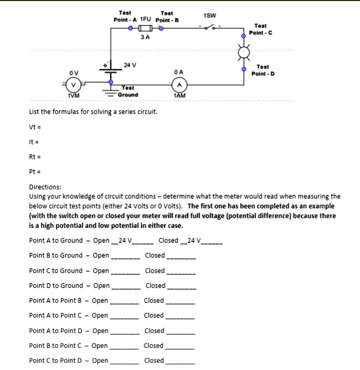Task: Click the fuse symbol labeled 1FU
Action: [146, 29]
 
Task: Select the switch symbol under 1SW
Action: [210, 29]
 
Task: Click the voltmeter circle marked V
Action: [74, 84]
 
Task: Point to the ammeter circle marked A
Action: [179, 85]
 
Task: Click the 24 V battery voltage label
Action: [130, 65]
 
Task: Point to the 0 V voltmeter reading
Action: [74, 72]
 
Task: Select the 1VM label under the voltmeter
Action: [73, 95]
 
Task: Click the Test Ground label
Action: [128, 91]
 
